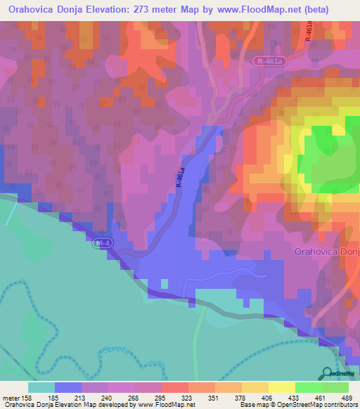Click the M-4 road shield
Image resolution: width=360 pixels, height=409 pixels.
[x=101, y=243]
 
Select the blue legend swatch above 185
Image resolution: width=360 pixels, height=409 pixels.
[x=68, y=387]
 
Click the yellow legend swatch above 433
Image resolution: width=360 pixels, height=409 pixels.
[x=282, y=387]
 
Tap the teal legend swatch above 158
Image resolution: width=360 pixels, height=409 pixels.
[x=41, y=387]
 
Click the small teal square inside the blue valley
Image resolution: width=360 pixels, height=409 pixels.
[x=165, y=283]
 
